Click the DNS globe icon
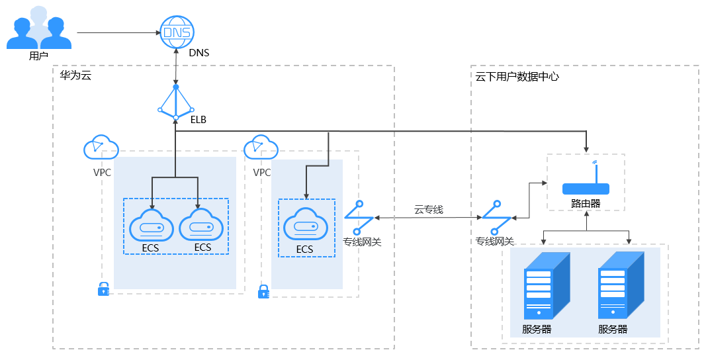176,32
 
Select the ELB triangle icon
176,103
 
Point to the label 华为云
75,76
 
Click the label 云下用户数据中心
517,77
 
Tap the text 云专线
428,209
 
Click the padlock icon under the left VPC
103,289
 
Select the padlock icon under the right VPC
263,291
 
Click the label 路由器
586,204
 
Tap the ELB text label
198,120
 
